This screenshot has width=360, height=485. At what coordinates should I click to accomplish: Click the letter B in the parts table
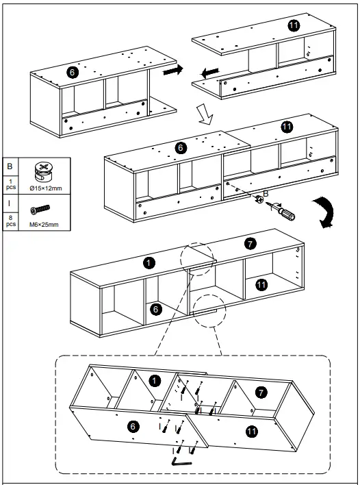pos(10,166)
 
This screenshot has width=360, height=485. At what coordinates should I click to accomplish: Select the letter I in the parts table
pos(9,203)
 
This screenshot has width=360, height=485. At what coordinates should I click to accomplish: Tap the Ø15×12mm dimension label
pos(46,188)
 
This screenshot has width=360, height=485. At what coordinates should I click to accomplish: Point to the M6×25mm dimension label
pos(44,225)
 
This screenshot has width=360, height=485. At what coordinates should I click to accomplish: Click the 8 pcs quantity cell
pos(11,221)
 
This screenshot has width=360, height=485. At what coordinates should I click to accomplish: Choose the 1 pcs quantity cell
pos(11,184)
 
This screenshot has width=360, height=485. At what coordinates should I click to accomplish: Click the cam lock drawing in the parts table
pos(43,172)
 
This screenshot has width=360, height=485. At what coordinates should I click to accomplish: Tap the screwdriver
pos(281,210)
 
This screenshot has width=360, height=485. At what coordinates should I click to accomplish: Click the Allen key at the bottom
pos(181,461)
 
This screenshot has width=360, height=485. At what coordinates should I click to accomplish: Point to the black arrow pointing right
pos(173,70)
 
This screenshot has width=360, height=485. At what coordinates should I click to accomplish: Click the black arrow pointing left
pos(210,73)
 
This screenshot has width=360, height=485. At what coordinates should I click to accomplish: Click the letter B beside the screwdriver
pos(266,194)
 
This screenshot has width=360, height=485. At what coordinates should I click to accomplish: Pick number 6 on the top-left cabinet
pos(73,73)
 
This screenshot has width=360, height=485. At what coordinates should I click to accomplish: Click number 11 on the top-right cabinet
pos(294,25)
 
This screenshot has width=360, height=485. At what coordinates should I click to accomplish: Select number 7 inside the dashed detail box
pos(261,393)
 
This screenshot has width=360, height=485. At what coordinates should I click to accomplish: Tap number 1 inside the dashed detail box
pos(155,381)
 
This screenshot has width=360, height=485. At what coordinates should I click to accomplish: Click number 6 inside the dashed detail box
pos(133,427)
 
